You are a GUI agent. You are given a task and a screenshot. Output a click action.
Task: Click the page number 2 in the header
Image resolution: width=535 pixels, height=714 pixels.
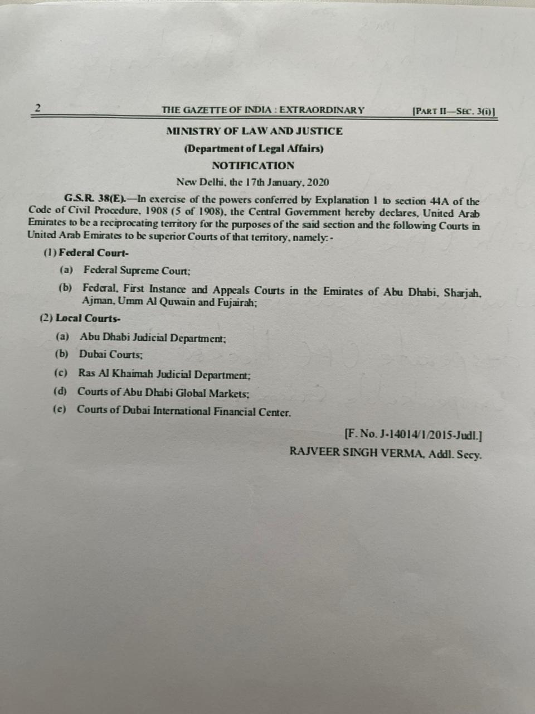click(x=37, y=108)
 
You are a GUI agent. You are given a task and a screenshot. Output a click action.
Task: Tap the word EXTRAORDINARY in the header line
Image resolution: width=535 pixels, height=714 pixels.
click(x=322, y=110)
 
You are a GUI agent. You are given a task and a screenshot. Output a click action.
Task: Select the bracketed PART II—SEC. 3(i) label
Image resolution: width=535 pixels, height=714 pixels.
click(x=454, y=110)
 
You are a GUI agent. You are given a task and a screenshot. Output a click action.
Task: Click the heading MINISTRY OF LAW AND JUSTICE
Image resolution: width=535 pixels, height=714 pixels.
click(x=254, y=131)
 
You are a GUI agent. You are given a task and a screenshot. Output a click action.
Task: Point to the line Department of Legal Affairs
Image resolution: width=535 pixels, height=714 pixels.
click(x=254, y=148)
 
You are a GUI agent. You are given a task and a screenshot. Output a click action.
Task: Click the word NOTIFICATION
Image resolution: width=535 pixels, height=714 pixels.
click(x=253, y=165)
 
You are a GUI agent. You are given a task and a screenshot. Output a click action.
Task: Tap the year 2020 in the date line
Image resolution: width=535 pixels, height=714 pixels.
click(x=317, y=182)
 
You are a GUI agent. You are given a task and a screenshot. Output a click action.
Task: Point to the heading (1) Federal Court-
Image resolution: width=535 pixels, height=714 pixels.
click(x=86, y=252)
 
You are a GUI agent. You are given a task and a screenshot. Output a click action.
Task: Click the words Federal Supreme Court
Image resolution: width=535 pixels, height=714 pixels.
click(x=137, y=271)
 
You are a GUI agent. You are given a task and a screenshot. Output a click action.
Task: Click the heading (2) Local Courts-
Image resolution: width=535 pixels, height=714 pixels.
click(x=80, y=319)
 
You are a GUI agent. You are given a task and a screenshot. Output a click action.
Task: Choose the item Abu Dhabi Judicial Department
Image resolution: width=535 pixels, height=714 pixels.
click(x=153, y=337)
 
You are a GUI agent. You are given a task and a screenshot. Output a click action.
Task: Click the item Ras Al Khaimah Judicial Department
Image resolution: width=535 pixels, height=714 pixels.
click(x=164, y=374)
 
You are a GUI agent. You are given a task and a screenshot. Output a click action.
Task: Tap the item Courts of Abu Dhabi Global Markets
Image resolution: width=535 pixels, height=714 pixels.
click(x=163, y=393)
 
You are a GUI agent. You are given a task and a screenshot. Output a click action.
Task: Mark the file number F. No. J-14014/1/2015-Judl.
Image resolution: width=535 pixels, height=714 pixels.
click(x=414, y=433)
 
